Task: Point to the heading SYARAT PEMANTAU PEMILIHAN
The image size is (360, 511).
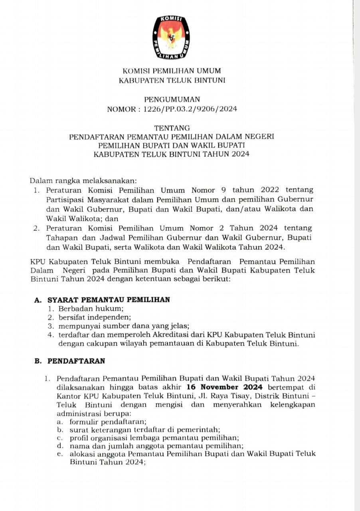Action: (109, 299)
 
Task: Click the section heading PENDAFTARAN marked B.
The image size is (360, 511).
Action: (76, 361)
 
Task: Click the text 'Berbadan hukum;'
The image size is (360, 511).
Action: (91, 309)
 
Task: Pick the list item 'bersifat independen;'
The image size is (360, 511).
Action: (95, 317)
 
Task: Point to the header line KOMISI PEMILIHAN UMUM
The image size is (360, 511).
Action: (172, 71)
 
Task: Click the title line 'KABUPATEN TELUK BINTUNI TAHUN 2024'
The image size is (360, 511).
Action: (172, 154)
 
